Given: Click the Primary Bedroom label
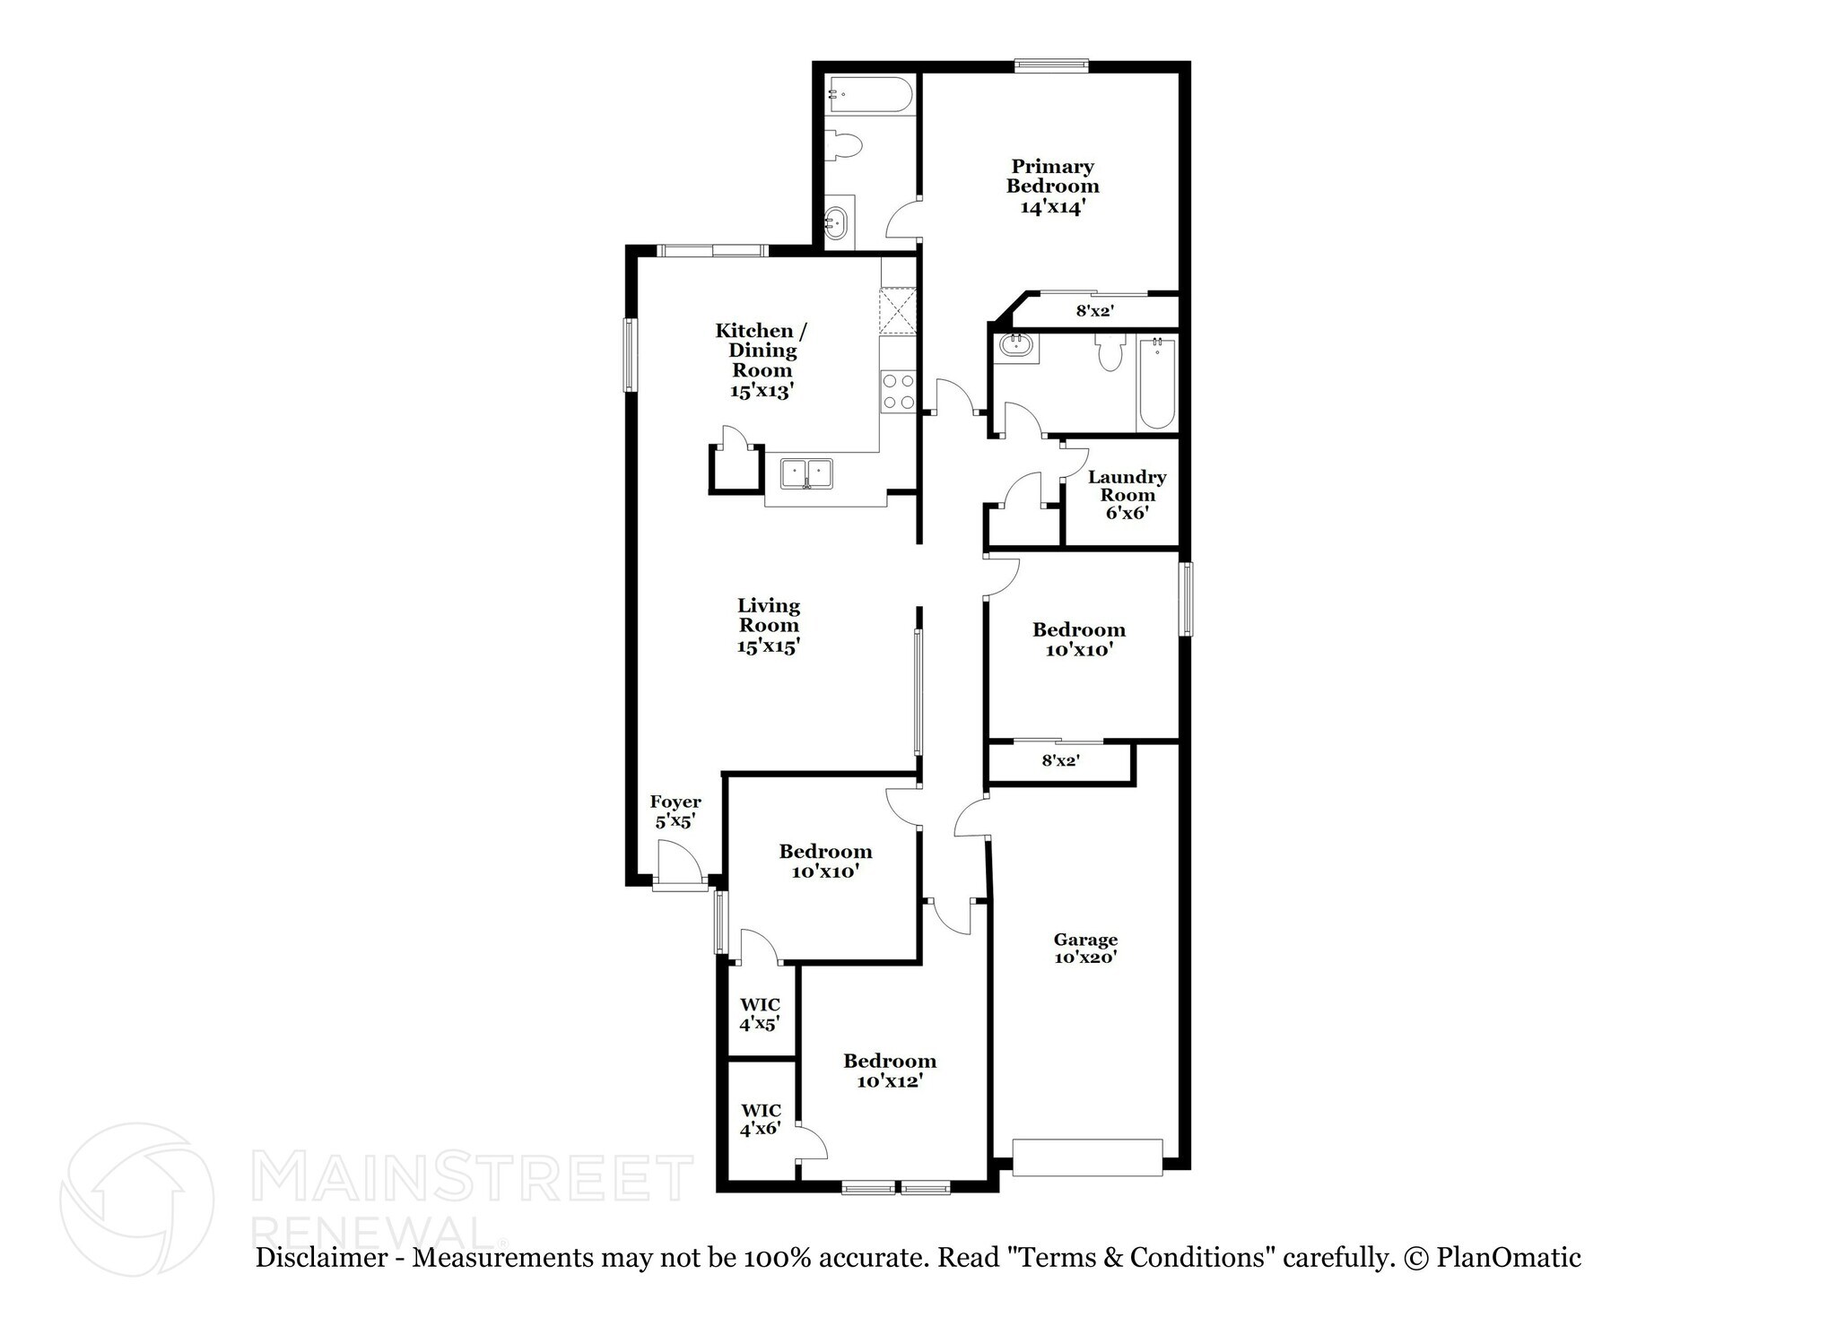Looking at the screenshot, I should tap(1052, 186).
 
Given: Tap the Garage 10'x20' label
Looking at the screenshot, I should tap(1085, 948).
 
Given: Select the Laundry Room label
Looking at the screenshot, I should tap(1127, 495).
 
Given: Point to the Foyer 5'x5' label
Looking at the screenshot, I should tap(675, 811).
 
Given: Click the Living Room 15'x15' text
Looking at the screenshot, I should tap(769, 626).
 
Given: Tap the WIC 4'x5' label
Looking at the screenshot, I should tap(759, 1013).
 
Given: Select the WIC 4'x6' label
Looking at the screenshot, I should tap(760, 1119).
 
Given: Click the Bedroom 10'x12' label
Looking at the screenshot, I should tap(889, 1071).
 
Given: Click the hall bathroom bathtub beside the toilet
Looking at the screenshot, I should tap(1155, 384).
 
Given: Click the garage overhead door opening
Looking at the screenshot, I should tap(1087, 1157).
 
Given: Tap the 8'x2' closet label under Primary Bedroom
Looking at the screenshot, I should tap(1094, 311).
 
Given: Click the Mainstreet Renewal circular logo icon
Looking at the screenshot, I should tap(136, 1199).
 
